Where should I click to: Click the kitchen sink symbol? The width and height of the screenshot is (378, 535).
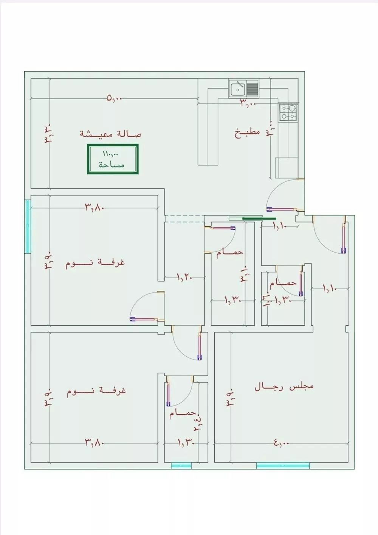[x=238, y=89]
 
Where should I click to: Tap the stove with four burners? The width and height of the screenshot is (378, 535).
[x=288, y=112]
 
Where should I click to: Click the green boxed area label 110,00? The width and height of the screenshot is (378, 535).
[x=113, y=159]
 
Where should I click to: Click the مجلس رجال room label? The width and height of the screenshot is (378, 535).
[x=284, y=387]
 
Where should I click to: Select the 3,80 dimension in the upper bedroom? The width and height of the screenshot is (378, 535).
[x=94, y=207]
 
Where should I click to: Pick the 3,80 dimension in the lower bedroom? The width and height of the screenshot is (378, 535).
[x=94, y=442]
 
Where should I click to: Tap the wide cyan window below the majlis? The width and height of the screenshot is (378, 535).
[x=283, y=466]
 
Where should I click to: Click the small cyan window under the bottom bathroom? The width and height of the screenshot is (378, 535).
[x=181, y=466]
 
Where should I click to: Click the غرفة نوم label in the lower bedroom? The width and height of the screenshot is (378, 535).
[x=96, y=391]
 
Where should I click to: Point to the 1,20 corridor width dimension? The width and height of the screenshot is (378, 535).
[x=184, y=278]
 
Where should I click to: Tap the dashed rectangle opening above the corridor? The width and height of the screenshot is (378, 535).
[x=184, y=218]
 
